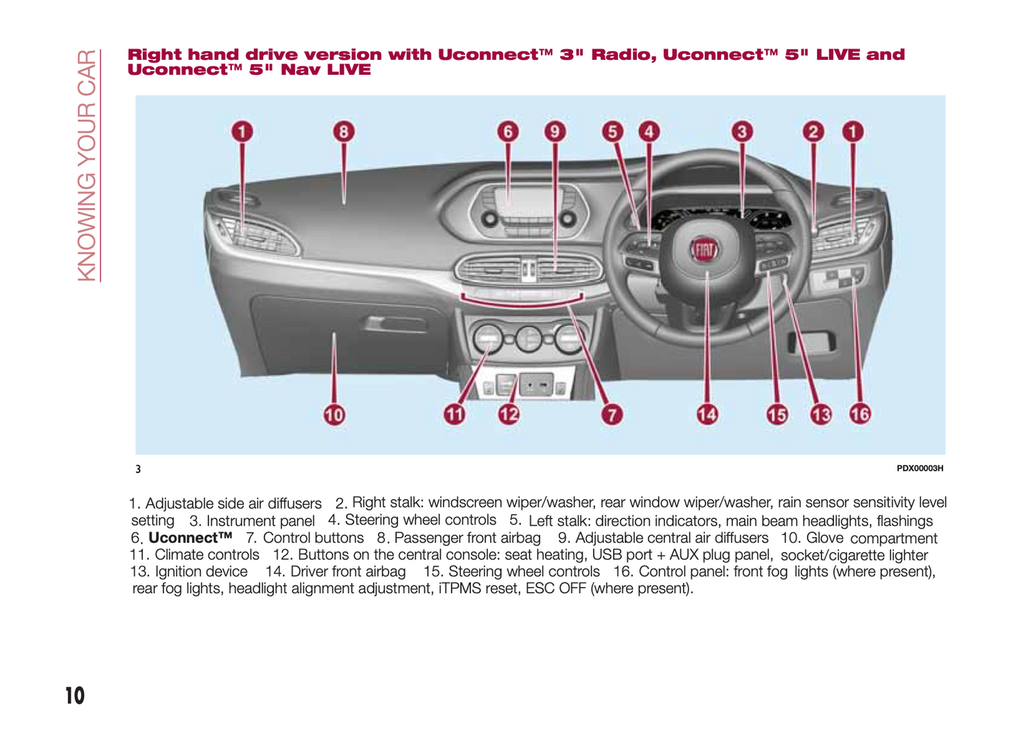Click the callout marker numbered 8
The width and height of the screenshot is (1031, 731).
pos(344,132)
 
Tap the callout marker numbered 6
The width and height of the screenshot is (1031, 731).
pos(508,132)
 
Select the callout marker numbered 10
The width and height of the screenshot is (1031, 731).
pos(334,414)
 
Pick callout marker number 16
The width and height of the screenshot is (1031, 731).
pos(860,414)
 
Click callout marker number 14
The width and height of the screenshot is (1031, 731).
pos(707,414)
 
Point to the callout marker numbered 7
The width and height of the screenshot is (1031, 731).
pos(611,414)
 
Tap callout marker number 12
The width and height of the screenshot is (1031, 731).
pos(509,414)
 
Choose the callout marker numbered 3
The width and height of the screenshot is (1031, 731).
pos(742,132)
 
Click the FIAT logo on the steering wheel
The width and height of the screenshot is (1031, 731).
pos(705,250)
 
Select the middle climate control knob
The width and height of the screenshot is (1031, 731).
pos(529,339)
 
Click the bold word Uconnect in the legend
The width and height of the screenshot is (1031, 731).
pos(190,538)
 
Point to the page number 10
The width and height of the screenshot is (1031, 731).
pos(74,695)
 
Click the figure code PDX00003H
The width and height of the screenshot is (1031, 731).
pos(920,469)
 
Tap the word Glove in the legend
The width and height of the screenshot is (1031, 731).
pos(825,538)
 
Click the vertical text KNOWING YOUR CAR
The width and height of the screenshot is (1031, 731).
pos(87,165)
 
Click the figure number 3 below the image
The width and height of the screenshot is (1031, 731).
pos(138,469)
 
